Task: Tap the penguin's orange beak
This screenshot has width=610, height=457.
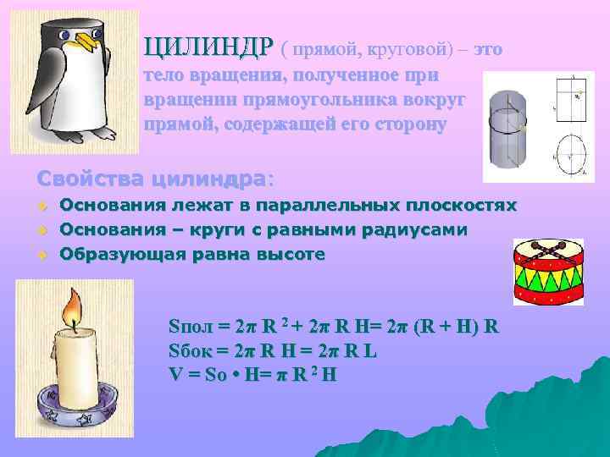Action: point(82,41)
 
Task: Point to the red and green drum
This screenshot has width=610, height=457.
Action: point(548,271)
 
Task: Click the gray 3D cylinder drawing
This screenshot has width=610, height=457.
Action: point(508,127)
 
